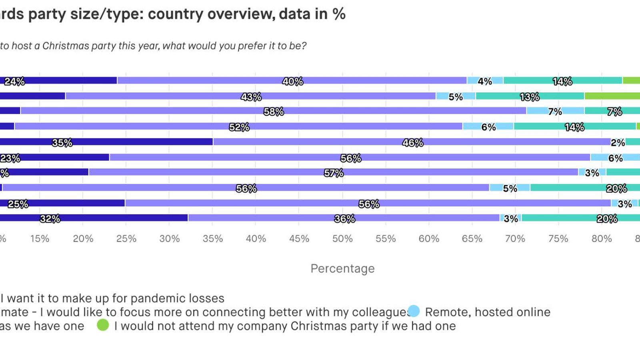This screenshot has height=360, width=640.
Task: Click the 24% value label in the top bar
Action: pos(15,82)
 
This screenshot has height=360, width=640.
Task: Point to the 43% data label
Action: pos(251,97)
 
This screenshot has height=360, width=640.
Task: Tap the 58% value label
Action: pos(274,112)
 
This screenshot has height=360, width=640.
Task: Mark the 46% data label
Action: pos(413,142)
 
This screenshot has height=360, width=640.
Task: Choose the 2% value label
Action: pos(618,143)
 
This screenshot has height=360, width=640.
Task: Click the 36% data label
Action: pos(344,219)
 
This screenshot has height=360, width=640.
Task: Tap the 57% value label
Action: pos(334,173)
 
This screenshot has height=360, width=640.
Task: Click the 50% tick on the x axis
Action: pos(342,239)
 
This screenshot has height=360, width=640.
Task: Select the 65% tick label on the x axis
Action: pos(472,239)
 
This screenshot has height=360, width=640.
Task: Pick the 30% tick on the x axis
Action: pos(169,239)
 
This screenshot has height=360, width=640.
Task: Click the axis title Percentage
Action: pos(342,268)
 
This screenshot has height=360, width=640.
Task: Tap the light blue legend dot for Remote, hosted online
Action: pos(414,311)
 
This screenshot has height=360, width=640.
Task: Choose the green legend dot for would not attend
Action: pos(103,325)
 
